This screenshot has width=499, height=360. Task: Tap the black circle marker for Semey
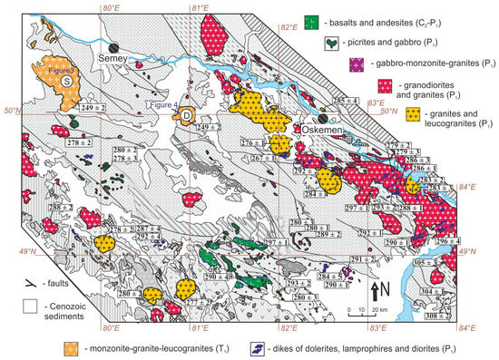(113, 46)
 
